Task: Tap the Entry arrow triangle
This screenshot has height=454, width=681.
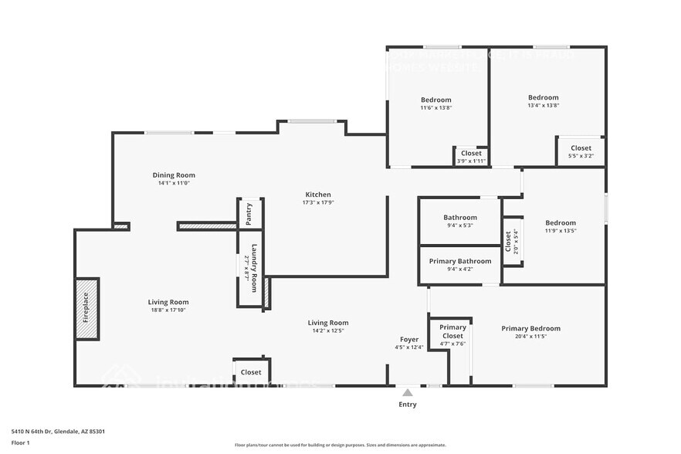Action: pyautogui.click(x=407, y=393)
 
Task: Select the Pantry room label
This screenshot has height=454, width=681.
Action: pyautogui.click(x=249, y=214)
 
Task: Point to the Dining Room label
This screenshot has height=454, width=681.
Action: pyautogui.click(x=174, y=175)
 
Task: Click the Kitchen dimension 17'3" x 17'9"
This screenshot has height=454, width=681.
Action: pyautogui.click(x=317, y=202)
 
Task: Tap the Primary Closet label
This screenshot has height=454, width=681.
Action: pyautogui.click(x=452, y=331)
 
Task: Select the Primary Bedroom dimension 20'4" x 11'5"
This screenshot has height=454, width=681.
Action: pyautogui.click(x=530, y=337)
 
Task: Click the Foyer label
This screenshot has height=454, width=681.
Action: pyautogui.click(x=408, y=340)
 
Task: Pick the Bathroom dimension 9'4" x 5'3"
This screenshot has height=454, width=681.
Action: pyautogui.click(x=459, y=225)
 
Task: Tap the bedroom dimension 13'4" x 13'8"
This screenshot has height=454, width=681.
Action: pyautogui.click(x=543, y=106)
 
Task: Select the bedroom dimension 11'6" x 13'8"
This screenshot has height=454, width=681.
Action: pyautogui.click(x=435, y=108)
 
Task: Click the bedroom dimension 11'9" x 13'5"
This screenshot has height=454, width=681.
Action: pyautogui.click(x=560, y=231)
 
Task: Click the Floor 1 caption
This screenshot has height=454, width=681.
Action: pyautogui.click(x=20, y=442)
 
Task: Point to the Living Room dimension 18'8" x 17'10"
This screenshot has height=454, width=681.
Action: pyautogui.click(x=168, y=310)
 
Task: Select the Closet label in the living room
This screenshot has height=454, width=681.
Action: pyautogui.click(x=250, y=372)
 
